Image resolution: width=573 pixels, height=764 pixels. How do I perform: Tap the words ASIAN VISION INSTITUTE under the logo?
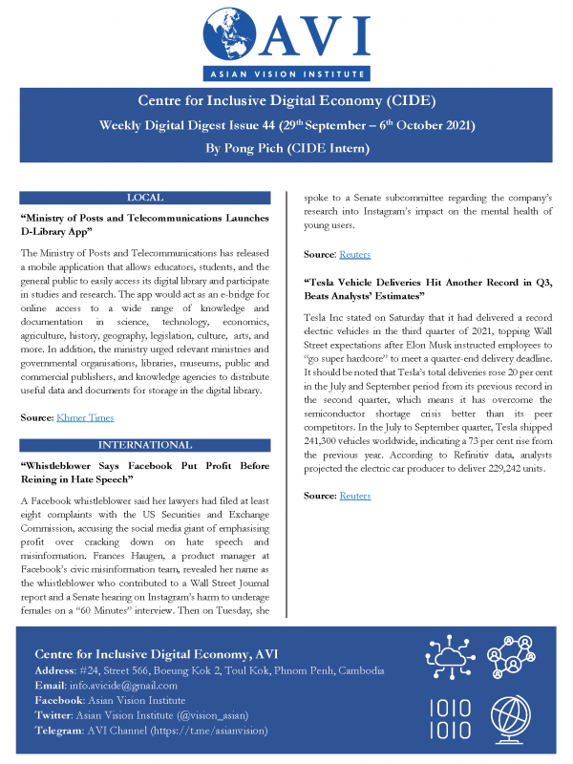286,74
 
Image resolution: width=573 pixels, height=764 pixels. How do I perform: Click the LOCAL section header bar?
144,197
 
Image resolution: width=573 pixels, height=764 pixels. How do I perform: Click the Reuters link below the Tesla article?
355,496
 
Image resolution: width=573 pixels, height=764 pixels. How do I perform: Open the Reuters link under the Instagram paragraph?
355,255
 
